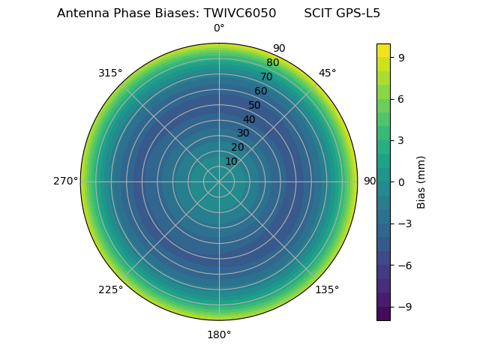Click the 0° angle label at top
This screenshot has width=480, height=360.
coord(219,28)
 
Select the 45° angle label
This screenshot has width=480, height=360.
coord(327,73)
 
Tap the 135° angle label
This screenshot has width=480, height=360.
coord(327,289)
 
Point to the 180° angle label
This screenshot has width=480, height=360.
coord(219,334)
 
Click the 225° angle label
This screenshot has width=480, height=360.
coord(110,289)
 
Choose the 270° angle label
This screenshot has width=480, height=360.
coord(65,181)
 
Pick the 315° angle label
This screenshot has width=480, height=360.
coord(110,73)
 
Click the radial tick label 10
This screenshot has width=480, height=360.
coord(231,161)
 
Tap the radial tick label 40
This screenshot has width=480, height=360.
coord(249,119)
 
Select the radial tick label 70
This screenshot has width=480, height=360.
coord(266,76)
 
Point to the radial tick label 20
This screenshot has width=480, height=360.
coord(237,147)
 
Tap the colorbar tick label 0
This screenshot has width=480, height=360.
coord(401,181)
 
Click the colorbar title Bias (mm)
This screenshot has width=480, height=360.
coord(421,181)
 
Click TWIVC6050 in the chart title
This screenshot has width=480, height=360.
coord(239,13)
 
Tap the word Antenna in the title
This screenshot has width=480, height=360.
coord(80,13)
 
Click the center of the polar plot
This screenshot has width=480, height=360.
coord(219,181)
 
